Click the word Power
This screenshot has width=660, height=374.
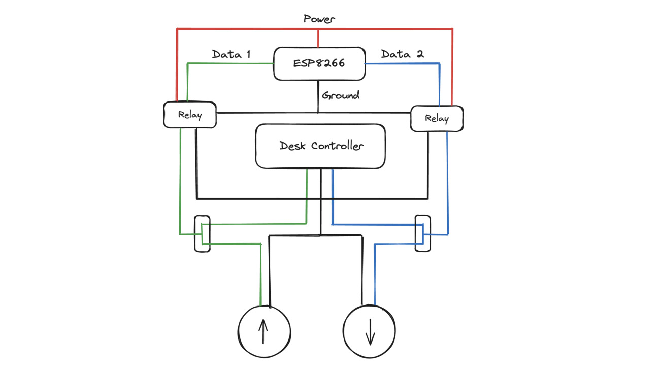click(x=319, y=19)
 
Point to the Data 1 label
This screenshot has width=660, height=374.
click(x=231, y=54)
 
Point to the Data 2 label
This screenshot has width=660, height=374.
click(x=403, y=54)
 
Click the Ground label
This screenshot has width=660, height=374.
click(x=341, y=95)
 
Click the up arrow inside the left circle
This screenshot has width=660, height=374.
click(x=263, y=331)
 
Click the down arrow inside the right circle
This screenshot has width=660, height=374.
click(x=370, y=332)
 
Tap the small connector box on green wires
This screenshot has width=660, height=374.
click(x=195, y=233)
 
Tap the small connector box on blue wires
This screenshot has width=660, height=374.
click(x=415, y=233)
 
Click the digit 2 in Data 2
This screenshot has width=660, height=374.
click(x=420, y=54)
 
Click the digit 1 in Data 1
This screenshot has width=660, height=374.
click(x=249, y=54)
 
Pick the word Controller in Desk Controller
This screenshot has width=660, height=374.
click(x=338, y=146)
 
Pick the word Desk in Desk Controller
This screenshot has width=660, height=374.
click(x=292, y=146)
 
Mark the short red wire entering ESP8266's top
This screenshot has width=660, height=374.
click(x=318, y=38)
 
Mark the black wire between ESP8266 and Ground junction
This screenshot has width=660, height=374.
click(x=318, y=96)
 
